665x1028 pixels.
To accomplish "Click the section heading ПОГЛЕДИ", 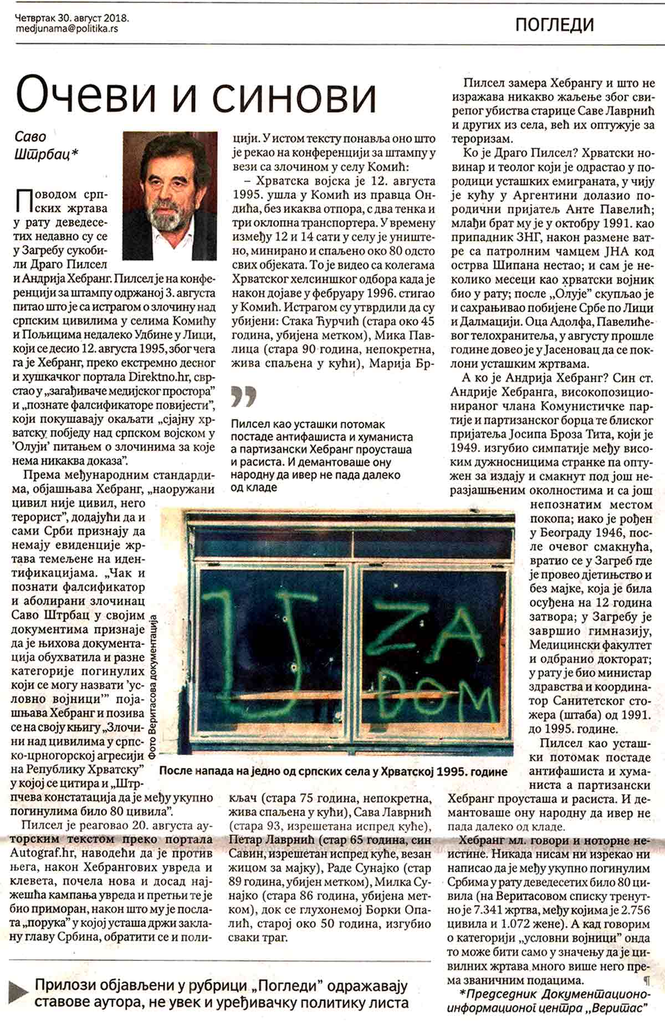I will tap(554, 24).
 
